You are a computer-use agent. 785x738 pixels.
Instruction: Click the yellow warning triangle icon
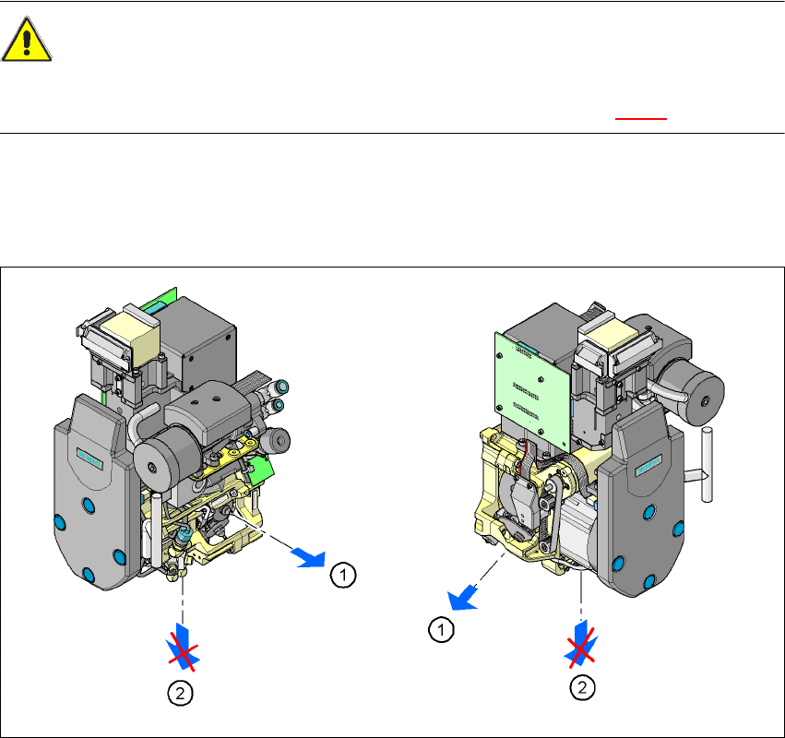tap(27, 40)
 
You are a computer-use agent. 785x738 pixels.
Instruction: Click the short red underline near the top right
tap(641, 119)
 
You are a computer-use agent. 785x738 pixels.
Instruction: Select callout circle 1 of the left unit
tap(343, 575)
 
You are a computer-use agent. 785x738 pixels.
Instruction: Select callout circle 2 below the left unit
tap(180, 694)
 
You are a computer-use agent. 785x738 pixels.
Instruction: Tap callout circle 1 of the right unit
tap(441, 629)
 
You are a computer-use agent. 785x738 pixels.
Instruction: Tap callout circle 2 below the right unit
tap(582, 687)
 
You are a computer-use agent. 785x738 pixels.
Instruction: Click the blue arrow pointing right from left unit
tap(309, 558)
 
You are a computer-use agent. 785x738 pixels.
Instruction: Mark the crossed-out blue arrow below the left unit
tap(184, 648)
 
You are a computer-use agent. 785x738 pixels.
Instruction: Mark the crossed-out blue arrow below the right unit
tap(581, 644)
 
